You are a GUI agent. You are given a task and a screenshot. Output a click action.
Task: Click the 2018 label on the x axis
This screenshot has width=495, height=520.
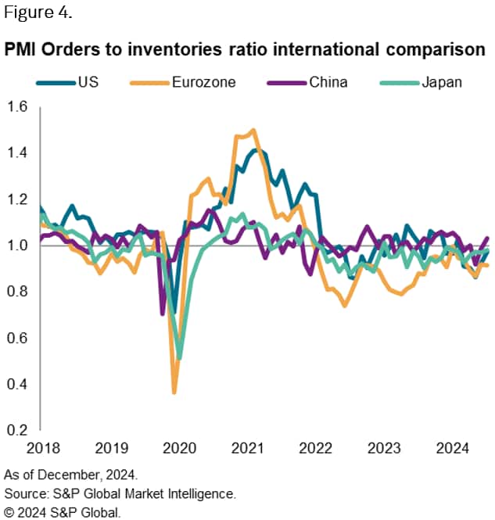[41, 450]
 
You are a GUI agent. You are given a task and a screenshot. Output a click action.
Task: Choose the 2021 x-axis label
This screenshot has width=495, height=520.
[248, 450]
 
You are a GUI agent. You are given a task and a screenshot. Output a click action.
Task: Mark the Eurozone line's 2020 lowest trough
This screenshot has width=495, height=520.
[174, 392]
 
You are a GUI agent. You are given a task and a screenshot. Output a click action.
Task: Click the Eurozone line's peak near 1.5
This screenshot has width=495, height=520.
[253, 130]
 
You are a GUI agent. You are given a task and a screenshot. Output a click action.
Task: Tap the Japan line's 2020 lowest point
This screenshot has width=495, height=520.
[180, 358]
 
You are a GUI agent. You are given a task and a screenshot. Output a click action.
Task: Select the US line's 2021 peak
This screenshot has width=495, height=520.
[254, 149]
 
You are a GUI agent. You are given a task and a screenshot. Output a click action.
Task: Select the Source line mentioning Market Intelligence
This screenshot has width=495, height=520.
[120, 493]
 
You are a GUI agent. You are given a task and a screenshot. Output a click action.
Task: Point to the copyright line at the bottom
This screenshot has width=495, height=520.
[63, 512]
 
